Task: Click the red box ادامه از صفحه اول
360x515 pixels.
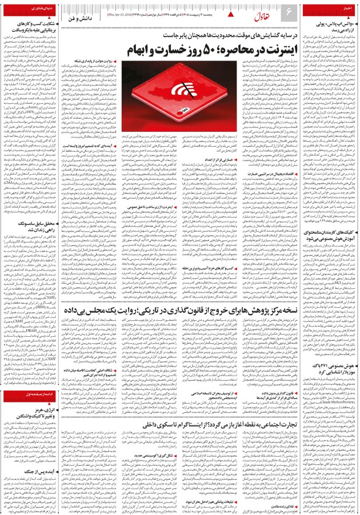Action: point(25,395)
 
